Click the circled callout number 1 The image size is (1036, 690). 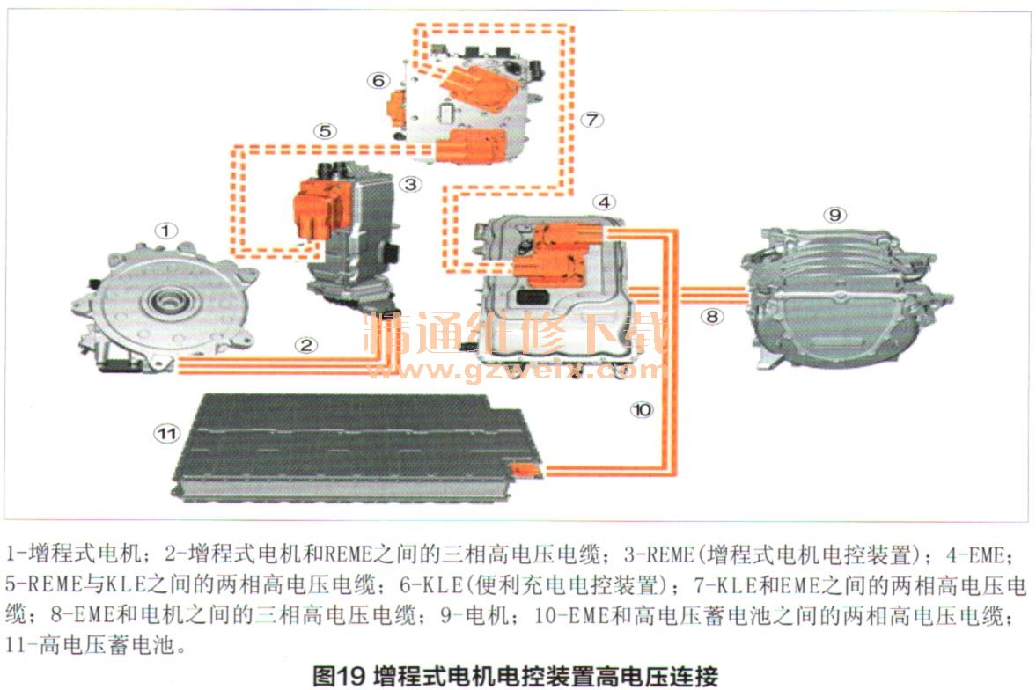point(165,231)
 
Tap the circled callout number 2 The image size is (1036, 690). point(306,345)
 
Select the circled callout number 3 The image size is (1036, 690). point(410,185)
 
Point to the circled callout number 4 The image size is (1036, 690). point(604,202)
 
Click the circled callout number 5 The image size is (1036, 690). point(325,131)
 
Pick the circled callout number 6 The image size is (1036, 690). point(378,81)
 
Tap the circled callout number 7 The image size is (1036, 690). point(591,120)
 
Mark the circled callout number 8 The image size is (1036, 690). point(711,317)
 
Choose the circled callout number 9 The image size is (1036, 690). point(835,215)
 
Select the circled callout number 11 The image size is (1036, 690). point(166,434)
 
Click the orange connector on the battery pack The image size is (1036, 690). point(527,470)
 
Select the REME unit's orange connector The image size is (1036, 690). point(321,206)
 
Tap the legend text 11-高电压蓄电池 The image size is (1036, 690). point(92,644)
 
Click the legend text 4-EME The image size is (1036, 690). point(977,554)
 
